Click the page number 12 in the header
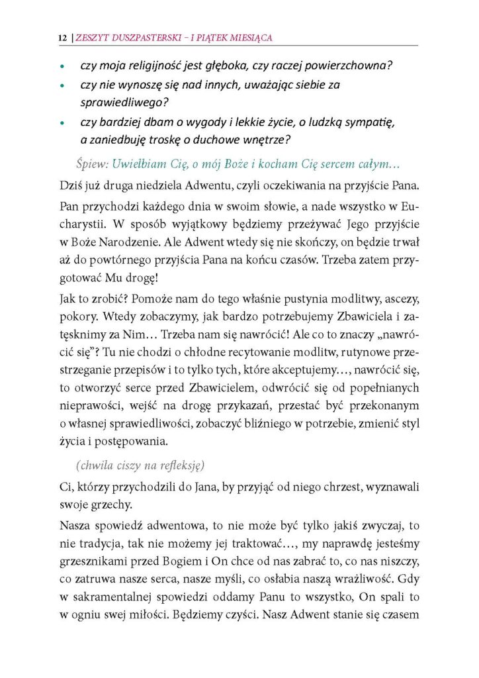tap(62, 38)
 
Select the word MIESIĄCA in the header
tap(251, 38)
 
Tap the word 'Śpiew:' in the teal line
tap(92, 163)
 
